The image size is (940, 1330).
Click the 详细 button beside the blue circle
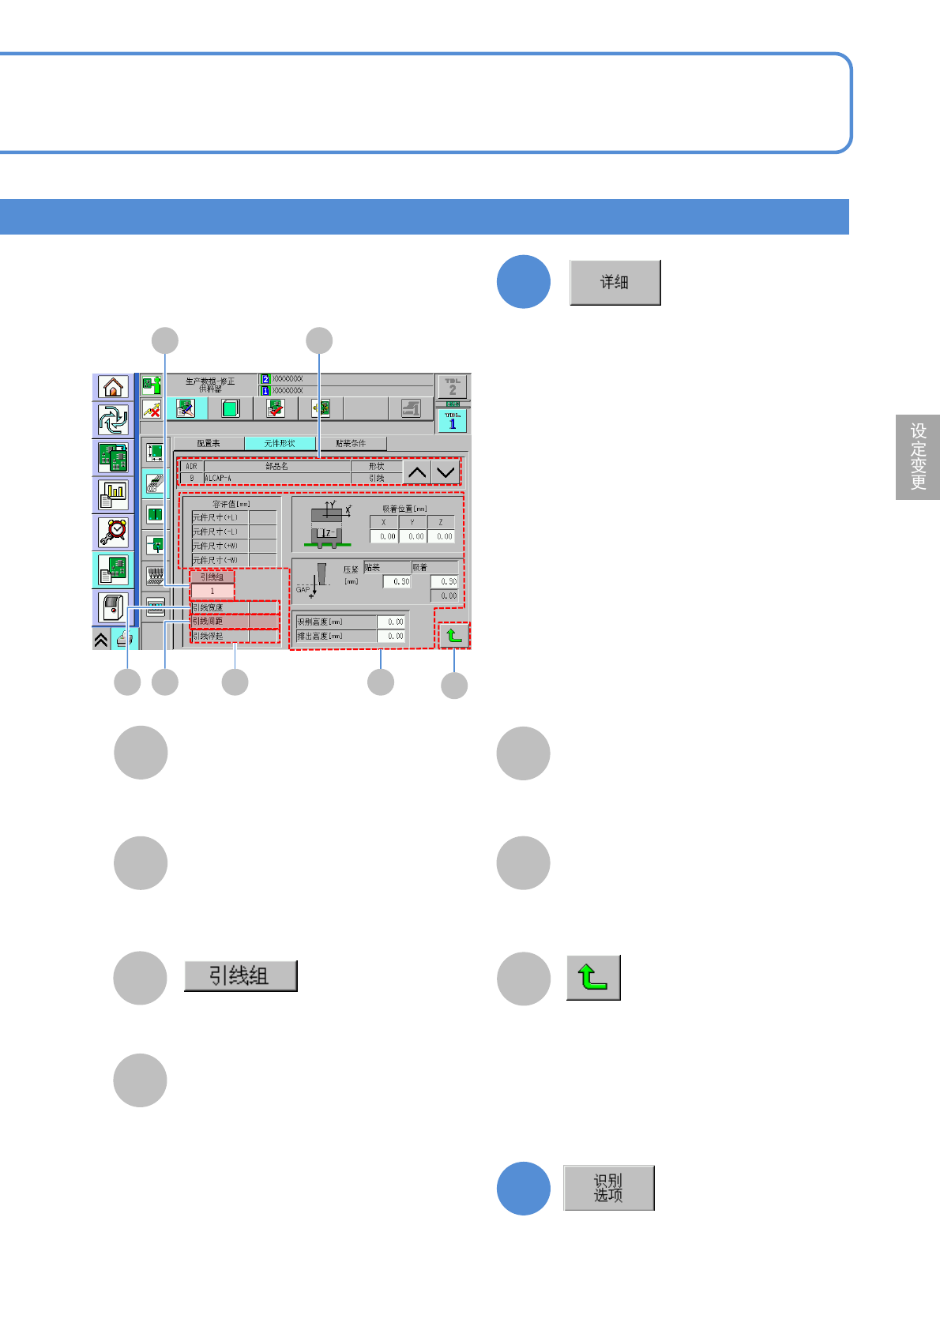(615, 282)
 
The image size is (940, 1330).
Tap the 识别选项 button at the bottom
(608, 1187)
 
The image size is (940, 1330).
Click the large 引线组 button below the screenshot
(240, 976)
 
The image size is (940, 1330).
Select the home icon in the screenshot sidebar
(114, 387)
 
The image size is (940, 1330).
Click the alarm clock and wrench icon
(114, 532)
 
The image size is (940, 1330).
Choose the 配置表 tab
(209, 444)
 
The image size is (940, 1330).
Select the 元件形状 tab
(280, 444)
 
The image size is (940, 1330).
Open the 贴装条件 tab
(351, 444)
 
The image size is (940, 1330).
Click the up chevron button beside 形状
(416, 472)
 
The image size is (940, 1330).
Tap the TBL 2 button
(453, 387)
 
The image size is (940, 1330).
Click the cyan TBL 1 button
(453, 421)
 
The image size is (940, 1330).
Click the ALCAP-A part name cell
(276, 478)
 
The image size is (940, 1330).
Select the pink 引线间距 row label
(220, 622)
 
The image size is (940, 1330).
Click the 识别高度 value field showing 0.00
(392, 622)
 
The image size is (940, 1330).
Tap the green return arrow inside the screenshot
(453, 635)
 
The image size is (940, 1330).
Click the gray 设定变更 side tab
(918, 456)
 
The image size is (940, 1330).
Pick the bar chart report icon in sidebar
(114, 494)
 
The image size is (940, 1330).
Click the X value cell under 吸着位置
(385, 536)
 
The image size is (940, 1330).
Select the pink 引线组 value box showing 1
(212, 591)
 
